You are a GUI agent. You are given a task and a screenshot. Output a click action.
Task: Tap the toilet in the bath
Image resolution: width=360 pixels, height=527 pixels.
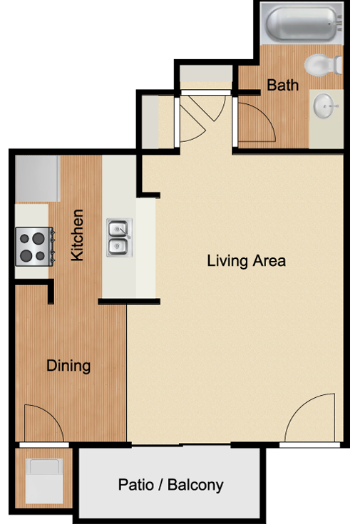pos(323,64)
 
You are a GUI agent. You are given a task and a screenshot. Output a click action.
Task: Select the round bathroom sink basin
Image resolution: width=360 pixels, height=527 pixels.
pos(324,106)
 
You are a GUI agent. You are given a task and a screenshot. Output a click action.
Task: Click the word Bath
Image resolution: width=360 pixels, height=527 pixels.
pos(283,85)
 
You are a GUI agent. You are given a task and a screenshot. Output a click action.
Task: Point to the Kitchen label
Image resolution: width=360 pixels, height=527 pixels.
pos(77,235)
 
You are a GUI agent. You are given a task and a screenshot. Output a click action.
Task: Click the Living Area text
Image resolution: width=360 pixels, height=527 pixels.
pos(246,261)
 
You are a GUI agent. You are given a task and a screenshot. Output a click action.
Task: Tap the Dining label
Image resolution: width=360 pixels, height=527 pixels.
pos(68,366)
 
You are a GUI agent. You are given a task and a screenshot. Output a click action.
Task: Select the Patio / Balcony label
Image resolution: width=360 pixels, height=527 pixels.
pos(170,485)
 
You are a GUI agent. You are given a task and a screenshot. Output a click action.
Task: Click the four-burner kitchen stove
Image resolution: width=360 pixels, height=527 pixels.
pos(35,247)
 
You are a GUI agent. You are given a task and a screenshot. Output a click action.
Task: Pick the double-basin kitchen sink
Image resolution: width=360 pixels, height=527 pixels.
pos(120,237)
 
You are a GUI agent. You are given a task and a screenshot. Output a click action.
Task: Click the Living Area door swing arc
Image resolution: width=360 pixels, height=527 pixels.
pos(299,406)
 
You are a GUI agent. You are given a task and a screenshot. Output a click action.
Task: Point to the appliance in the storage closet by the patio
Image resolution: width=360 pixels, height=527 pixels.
pos(44,481)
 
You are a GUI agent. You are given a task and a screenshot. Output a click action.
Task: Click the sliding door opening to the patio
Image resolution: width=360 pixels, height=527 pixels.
pos(181,445)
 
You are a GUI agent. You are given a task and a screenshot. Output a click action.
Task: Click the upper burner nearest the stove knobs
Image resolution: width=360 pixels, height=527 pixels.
pos(38,238)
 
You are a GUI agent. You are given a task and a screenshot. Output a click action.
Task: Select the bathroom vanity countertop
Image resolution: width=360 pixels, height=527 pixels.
pos(326,118)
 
